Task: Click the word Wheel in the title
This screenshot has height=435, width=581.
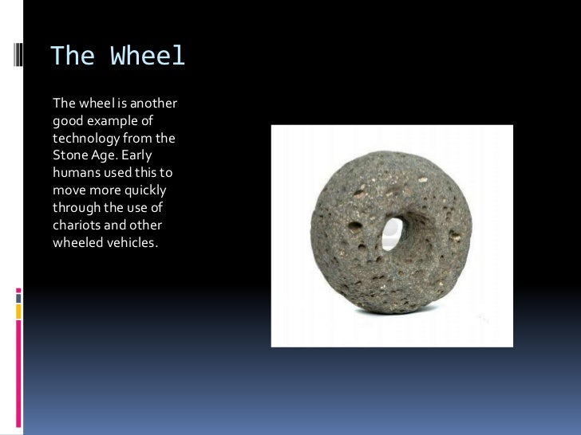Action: point(148,56)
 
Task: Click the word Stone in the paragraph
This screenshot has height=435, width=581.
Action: point(69,155)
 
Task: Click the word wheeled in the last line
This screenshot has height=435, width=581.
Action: point(77,243)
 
